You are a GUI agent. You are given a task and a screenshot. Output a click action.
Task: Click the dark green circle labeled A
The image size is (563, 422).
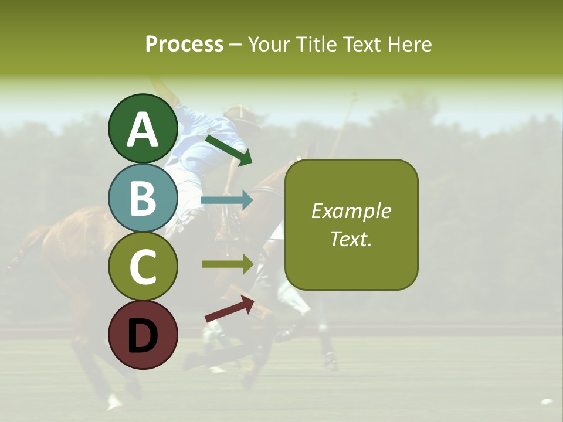(x=143, y=128)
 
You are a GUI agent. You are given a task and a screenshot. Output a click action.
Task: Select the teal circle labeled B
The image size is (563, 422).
(x=143, y=198)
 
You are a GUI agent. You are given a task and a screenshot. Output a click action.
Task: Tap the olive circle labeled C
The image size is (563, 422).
(x=143, y=266)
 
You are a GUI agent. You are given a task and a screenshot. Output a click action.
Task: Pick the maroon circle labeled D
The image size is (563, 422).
(x=143, y=335)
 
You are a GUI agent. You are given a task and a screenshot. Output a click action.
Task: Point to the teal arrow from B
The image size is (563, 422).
(x=227, y=200)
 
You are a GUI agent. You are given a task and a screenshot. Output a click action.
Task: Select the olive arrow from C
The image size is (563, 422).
(x=228, y=264)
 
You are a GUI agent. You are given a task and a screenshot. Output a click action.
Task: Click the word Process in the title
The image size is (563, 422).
(x=184, y=44)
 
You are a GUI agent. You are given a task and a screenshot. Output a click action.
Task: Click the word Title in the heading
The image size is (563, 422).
(x=313, y=44)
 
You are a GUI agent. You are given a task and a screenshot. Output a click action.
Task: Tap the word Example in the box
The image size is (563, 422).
(x=351, y=211)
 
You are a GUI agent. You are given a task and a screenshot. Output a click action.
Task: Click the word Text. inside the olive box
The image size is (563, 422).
(x=351, y=239)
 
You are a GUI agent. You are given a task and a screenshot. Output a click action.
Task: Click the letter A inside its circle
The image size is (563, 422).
(x=143, y=130)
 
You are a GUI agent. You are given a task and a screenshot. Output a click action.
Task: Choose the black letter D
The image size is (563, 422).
(x=143, y=335)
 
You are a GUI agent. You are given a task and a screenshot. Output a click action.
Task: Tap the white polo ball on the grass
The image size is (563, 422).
(x=547, y=402)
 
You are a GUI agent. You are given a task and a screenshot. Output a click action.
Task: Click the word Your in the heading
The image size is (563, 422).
(x=271, y=44)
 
